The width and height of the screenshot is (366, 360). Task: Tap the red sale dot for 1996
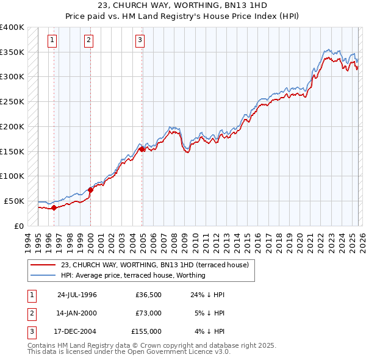click(54, 207)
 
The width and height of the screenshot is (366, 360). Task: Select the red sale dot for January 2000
click(90, 190)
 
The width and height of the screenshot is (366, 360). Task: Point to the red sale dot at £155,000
click(142, 149)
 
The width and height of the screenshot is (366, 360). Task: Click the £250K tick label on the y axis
click(12, 101)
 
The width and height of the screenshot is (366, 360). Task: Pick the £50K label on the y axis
click(15, 201)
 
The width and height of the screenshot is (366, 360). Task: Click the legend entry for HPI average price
click(133, 275)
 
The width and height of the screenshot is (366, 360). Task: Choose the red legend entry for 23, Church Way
click(154, 265)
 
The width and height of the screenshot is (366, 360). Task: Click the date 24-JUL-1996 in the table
click(77, 295)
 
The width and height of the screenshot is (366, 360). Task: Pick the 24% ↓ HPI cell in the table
click(206, 295)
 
